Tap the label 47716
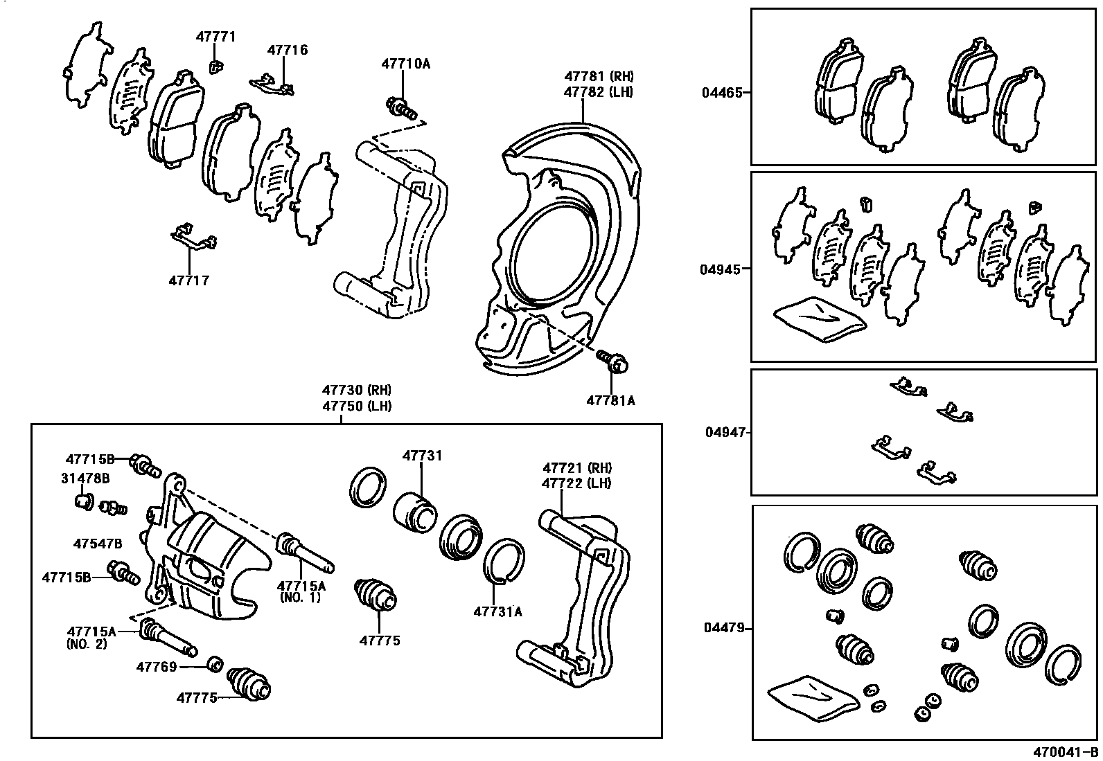coord(288,50)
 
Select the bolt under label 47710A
coord(401,107)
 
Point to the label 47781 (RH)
coord(598,76)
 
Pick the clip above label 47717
coord(193,237)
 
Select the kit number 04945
coord(721,269)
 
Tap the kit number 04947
coord(725,432)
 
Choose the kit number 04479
coord(724,628)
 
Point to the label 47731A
coord(497,611)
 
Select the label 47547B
coord(97,544)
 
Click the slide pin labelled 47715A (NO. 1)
coord(305,553)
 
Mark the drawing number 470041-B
coord(1066,753)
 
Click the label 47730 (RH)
coord(356,391)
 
